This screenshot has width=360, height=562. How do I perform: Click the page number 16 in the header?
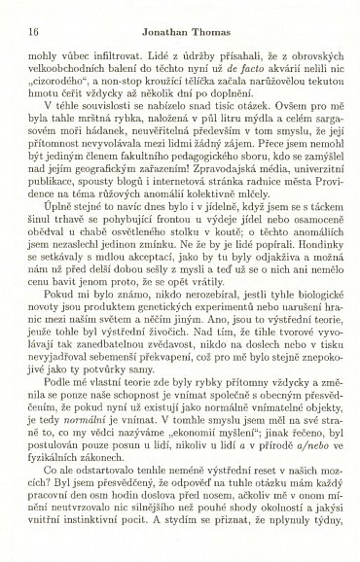tap(19, 18)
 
